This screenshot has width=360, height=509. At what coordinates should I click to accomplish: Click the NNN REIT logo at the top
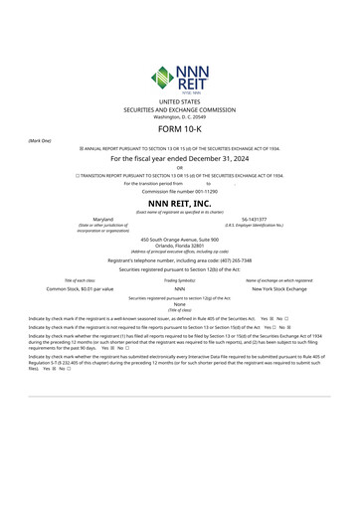tap(179, 76)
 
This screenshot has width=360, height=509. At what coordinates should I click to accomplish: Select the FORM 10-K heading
tap(180, 129)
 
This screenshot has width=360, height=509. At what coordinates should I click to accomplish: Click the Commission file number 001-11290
tap(179, 191)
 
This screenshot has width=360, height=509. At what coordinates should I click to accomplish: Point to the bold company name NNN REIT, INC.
tap(179, 203)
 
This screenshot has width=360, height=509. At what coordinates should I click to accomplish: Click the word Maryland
tap(103, 218)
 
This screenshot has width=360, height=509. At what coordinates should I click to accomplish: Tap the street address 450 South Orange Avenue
tap(179, 240)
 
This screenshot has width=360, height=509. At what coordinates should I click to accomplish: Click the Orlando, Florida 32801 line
tap(179, 247)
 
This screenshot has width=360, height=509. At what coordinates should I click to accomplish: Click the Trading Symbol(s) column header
tap(180, 280)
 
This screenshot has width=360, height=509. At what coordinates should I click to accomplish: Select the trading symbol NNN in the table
tap(180, 288)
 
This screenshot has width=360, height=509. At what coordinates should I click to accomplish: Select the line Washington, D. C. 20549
tap(179, 116)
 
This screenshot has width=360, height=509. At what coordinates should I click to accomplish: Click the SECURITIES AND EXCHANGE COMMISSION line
tap(179, 109)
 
